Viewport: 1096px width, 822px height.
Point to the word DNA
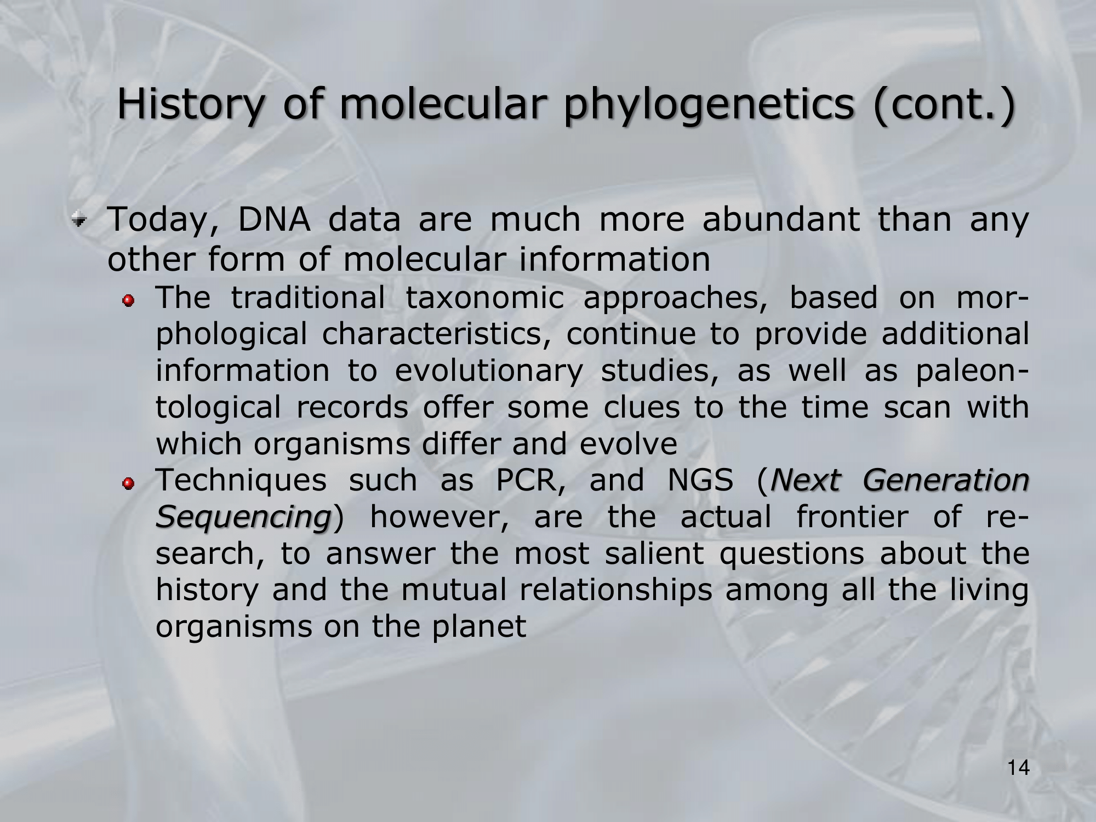[275, 220]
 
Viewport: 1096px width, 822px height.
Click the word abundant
[781, 219]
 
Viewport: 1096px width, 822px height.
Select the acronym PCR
[526, 481]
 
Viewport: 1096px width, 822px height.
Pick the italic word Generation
[946, 481]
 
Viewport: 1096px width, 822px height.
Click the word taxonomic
[485, 298]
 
